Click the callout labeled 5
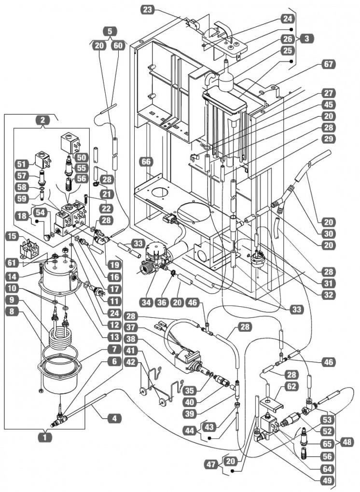(x=110, y=31)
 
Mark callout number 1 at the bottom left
(x=44, y=437)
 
